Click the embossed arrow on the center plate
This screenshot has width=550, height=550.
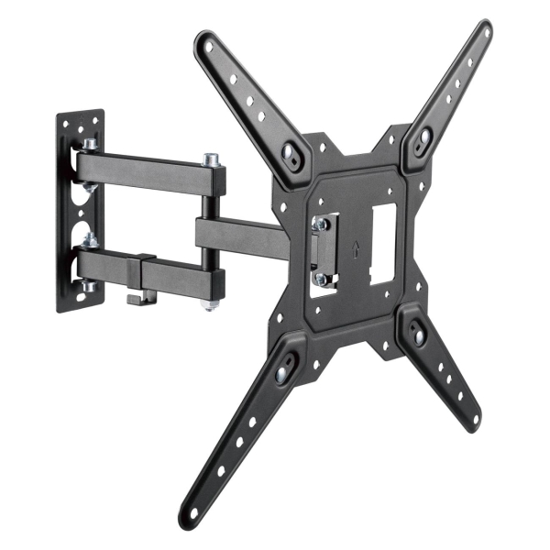(355, 247)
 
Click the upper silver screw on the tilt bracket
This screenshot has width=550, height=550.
(320, 223)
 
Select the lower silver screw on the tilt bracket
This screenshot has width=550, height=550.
(320, 278)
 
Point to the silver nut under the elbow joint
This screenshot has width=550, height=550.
(210, 302)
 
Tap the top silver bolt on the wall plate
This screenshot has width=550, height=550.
(91, 146)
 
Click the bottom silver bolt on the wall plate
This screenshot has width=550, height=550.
(91, 287)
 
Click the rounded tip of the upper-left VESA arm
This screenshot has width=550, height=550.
(204, 43)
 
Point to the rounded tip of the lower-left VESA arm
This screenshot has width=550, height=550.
(191, 510)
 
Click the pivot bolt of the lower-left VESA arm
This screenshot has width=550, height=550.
(285, 362)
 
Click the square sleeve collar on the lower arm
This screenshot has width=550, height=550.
(145, 274)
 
